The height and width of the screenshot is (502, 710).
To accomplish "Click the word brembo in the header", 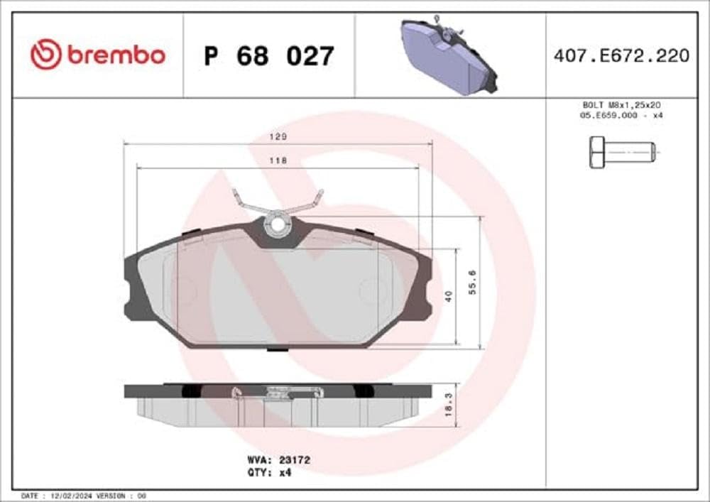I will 116,55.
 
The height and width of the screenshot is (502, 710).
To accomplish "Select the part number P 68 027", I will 268,55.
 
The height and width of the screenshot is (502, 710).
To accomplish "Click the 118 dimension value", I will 278,160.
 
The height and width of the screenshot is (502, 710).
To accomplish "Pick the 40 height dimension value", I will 447,297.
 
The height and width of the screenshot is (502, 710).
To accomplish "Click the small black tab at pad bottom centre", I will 278,349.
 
